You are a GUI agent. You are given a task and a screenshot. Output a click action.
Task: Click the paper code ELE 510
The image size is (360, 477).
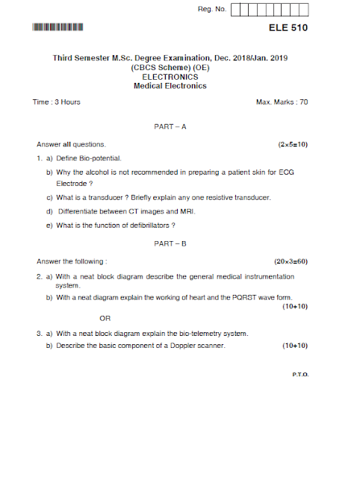[288, 28]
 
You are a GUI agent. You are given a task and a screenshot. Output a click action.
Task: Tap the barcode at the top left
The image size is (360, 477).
[58, 28]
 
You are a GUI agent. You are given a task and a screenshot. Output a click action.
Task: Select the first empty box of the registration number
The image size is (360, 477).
[238, 10]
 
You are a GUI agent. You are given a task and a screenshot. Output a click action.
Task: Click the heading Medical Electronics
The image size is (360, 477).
[170, 86]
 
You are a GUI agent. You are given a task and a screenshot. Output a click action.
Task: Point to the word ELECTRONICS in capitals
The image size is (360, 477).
[170, 76]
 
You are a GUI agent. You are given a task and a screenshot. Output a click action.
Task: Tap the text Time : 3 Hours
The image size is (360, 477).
[57, 102]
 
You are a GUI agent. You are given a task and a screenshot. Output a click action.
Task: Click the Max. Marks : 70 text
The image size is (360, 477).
[282, 102]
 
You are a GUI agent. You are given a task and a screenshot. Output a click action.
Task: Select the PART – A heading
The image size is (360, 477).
[170, 127]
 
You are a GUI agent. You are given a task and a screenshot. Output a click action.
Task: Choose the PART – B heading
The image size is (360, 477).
[170, 244]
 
